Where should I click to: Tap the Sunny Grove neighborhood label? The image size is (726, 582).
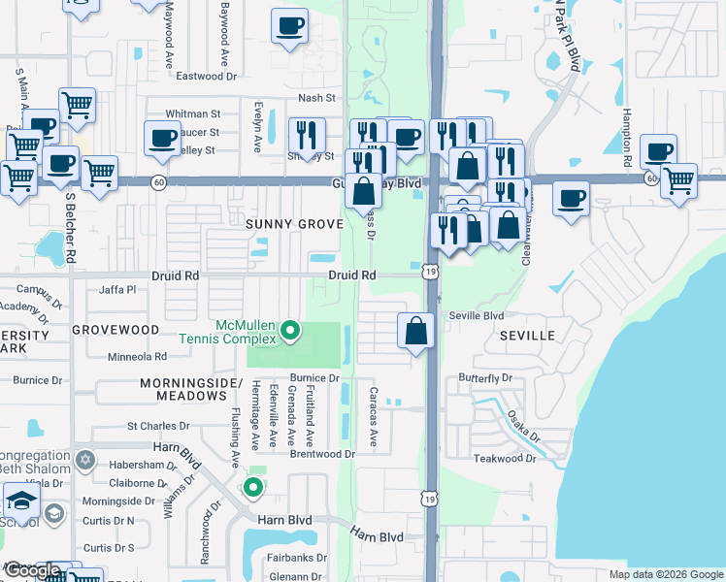pos(294,224)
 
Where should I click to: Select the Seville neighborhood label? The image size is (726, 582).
pos(527,336)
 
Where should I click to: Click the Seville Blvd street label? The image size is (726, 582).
pos(477,316)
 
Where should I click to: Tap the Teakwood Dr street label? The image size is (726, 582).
pos(504,458)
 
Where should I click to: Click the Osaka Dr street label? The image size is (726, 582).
pos(521,426)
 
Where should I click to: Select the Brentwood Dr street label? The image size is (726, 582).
pos(322,454)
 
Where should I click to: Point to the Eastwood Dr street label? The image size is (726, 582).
pos(201,76)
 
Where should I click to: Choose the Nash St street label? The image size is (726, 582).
pos(316,98)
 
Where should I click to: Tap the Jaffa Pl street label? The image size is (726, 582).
pos(118,289)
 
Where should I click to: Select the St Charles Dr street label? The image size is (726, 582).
pos(158,426)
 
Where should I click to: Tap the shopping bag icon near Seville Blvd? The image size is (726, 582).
pos(415,331)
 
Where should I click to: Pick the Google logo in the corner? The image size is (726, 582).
pos(32,571)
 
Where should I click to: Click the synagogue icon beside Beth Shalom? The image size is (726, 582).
pos(85,458)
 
